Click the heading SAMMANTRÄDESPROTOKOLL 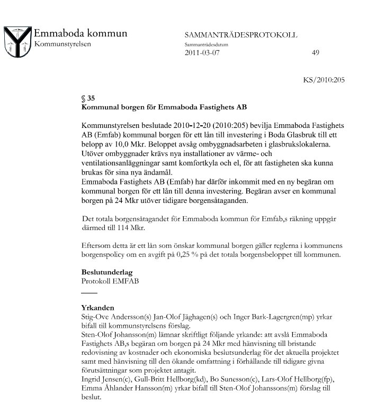pos(241,35)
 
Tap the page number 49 pos(316,53)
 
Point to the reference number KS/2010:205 pos(324,81)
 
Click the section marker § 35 pos(88,98)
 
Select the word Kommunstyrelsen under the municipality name pos(62,43)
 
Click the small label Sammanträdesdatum pos(204,44)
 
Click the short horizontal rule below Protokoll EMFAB pos(89,292)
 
